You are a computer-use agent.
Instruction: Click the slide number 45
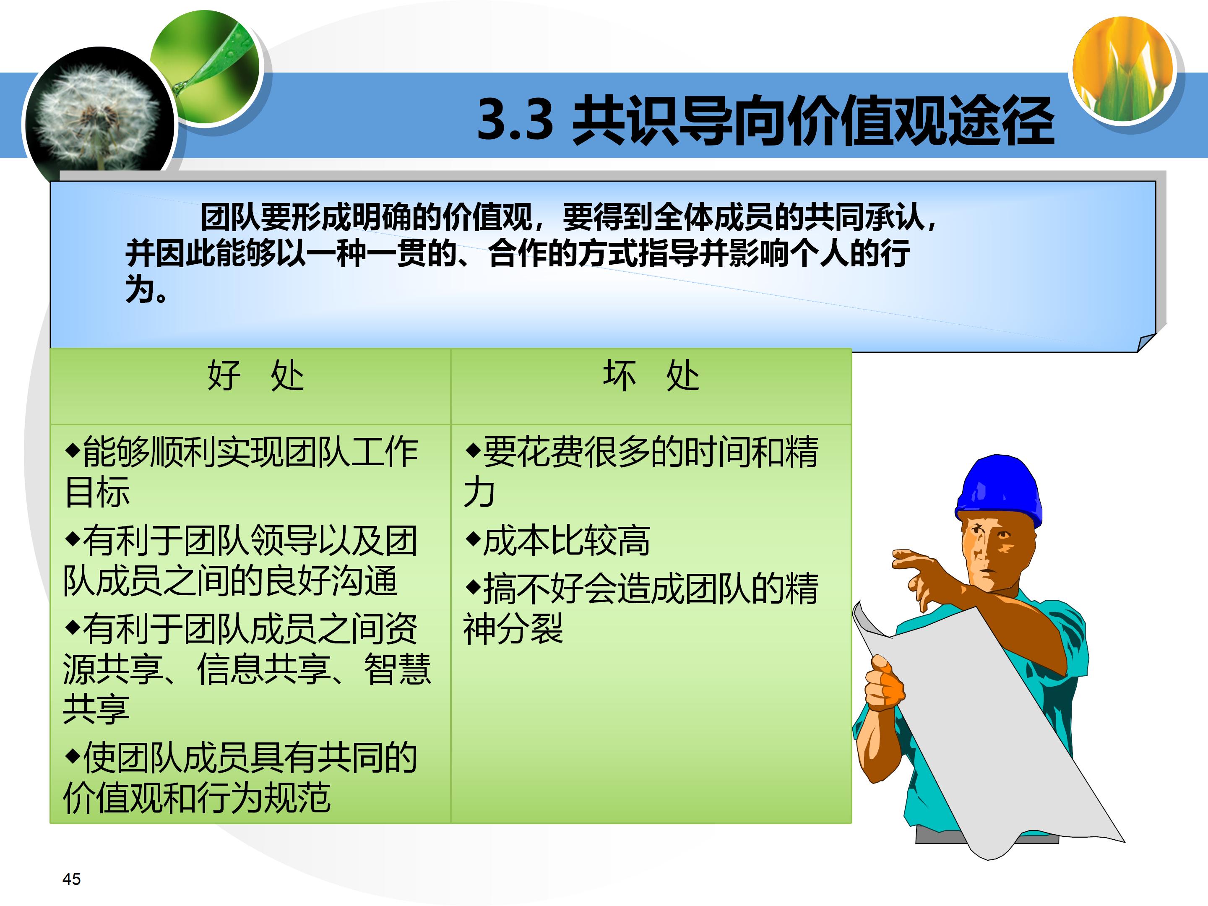click(72, 879)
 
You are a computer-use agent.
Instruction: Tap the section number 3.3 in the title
click(515, 120)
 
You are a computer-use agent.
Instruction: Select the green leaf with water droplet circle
click(206, 66)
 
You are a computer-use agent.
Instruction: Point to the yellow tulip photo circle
click(1123, 69)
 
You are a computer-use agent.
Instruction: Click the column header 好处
click(255, 376)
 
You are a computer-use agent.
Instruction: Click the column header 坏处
click(651, 376)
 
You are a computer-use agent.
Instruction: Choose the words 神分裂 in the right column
click(513, 629)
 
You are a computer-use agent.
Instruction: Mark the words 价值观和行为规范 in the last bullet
click(197, 798)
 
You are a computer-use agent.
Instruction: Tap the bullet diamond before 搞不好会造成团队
click(472, 587)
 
